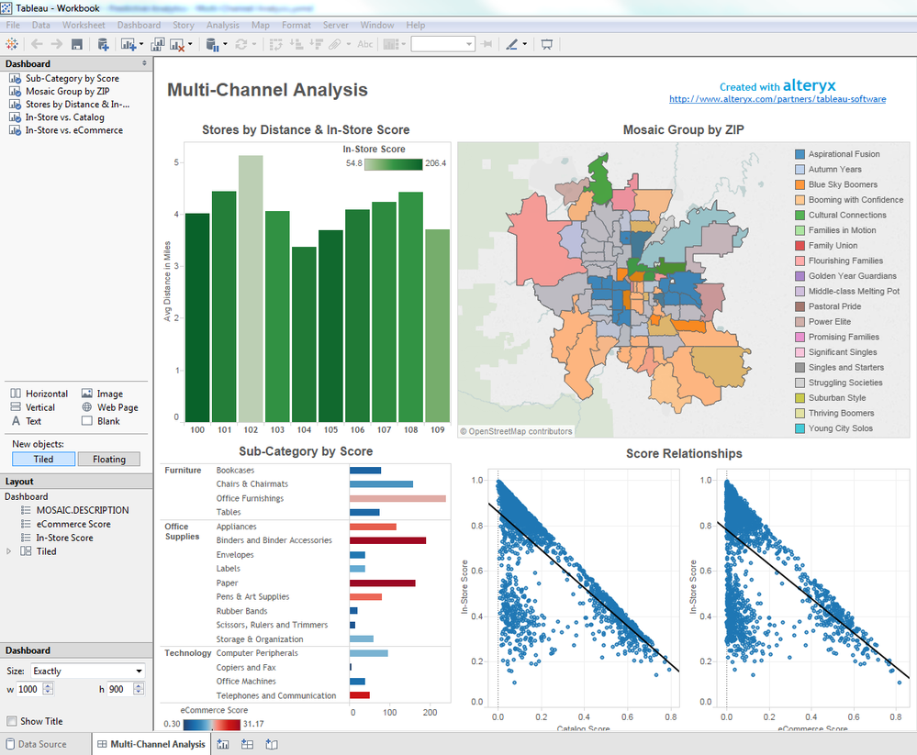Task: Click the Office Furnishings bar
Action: pyautogui.click(x=397, y=498)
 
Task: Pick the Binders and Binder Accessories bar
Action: pyautogui.click(x=387, y=540)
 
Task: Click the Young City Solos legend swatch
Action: pyautogui.click(x=800, y=428)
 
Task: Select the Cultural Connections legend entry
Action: pyautogui.click(x=847, y=215)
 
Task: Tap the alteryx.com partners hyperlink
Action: pyautogui.click(x=777, y=99)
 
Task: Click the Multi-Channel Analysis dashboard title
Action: pyautogui.click(x=267, y=90)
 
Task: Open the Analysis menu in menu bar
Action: pyautogui.click(x=223, y=25)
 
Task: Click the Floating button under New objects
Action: pyautogui.click(x=108, y=459)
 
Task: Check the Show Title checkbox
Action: pyautogui.click(x=12, y=721)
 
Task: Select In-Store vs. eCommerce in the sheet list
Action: pyautogui.click(x=73, y=130)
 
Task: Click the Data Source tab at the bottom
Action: pyautogui.click(x=41, y=744)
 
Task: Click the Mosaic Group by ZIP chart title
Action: pyautogui.click(x=683, y=129)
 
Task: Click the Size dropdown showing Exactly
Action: pyautogui.click(x=87, y=671)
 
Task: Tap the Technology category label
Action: pyautogui.click(x=187, y=653)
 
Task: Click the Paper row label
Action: pyautogui.click(x=227, y=583)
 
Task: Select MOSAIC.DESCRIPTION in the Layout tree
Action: pyautogui.click(x=83, y=510)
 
